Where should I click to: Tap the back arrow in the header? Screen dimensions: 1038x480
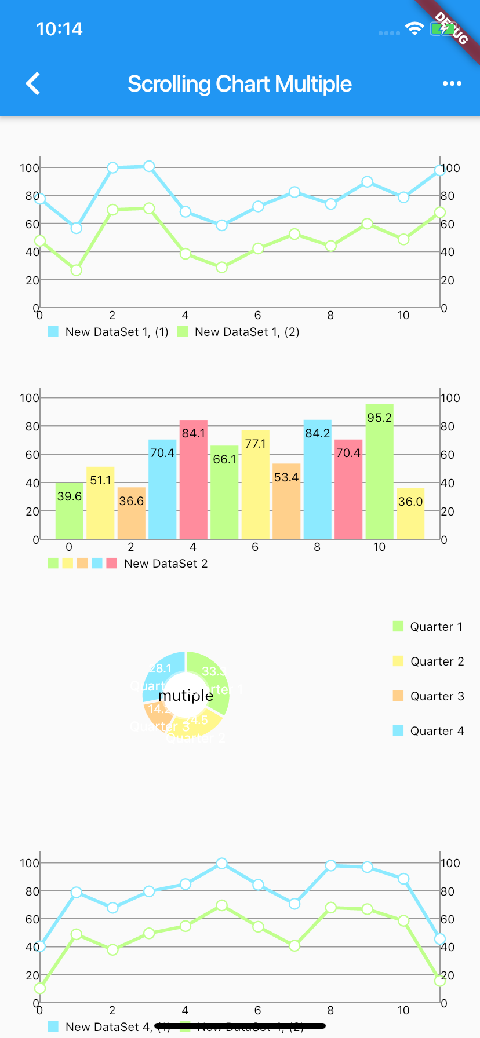point(33,83)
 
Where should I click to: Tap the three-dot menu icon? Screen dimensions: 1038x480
point(452,83)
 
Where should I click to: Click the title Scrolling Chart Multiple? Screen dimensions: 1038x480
point(239,84)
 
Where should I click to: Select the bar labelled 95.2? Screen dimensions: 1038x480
point(379,472)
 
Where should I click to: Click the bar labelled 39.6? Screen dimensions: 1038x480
point(69,511)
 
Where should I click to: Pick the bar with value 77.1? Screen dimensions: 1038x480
point(255,484)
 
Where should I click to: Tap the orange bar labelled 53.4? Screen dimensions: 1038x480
point(286,502)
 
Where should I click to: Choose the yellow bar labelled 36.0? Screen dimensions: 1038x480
point(410,514)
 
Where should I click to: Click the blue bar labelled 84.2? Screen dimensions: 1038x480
point(317,480)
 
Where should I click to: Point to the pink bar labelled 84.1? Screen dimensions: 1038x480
point(193,480)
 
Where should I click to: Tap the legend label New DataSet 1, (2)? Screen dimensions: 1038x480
point(247,332)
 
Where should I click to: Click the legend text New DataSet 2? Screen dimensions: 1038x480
point(166,564)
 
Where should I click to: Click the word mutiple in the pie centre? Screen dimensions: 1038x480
point(186,696)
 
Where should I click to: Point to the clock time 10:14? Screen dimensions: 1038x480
point(59,29)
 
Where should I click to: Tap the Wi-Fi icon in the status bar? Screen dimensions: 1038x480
point(414,28)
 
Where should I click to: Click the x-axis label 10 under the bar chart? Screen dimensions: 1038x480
point(379,547)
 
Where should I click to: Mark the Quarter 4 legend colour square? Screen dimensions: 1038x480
point(398,730)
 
